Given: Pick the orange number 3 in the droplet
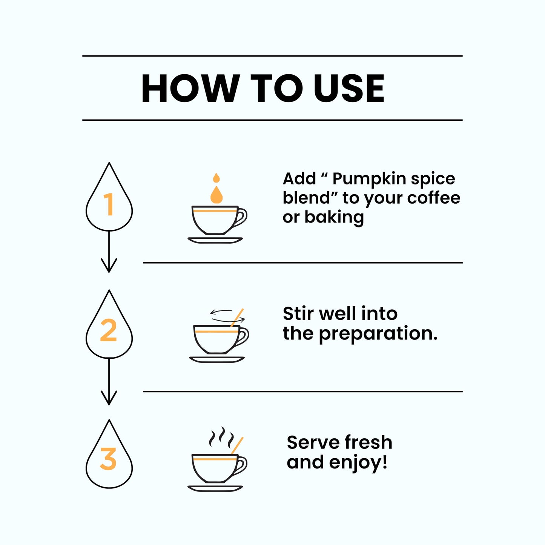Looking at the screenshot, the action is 108,459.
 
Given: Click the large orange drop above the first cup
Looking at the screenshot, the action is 216,195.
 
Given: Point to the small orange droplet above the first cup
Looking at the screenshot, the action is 216,178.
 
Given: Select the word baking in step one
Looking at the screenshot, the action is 334,217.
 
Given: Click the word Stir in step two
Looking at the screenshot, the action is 299,313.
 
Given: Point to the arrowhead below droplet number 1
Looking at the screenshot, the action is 109,266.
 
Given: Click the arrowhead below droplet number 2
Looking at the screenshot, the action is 109,398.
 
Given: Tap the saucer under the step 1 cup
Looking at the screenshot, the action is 215,240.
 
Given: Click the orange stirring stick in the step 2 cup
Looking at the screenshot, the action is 237,317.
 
